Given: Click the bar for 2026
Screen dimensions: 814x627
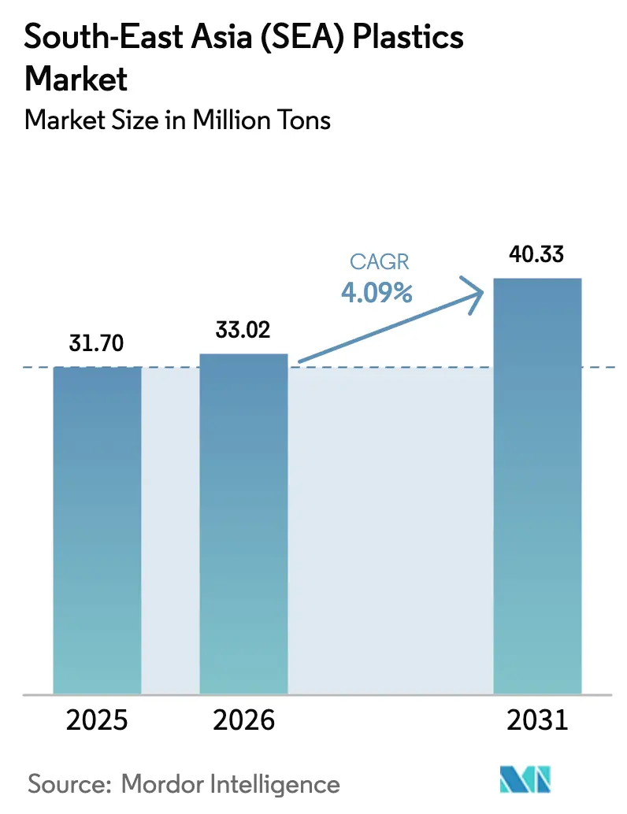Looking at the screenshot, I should pyautogui.click(x=243, y=524).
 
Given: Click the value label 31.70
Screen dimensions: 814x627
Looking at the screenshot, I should pyautogui.click(x=97, y=344).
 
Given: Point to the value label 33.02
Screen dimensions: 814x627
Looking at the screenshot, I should pyautogui.click(x=243, y=330).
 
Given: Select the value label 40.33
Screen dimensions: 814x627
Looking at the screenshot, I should pyautogui.click(x=537, y=255).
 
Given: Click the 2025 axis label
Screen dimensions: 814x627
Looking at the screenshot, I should pyautogui.click(x=97, y=720).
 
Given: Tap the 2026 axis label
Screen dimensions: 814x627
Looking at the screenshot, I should pyautogui.click(x=243, y=720).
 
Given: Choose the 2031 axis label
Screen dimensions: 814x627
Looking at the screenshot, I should pyautogui.click(x=537, y=720).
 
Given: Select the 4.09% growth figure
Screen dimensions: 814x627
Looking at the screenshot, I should pyautogui.click(x=377, y=294).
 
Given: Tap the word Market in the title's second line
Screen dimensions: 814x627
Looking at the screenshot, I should pyautogui.click(x=76, y=79).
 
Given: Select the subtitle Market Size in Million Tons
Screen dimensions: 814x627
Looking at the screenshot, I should pyautogui.click(x=178, y=120).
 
